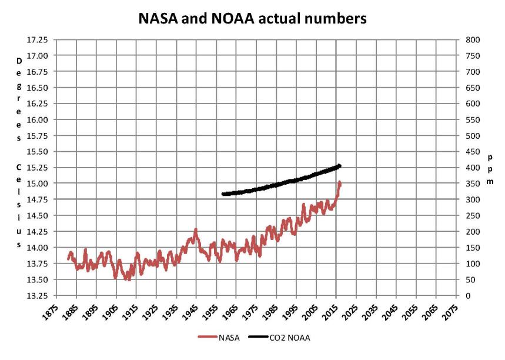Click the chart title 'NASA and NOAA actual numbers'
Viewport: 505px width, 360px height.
coord(252,19)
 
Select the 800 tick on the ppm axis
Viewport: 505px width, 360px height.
coord(473,39)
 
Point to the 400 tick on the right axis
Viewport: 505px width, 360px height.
coord(473,168)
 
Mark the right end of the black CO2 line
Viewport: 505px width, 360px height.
coord(340,166)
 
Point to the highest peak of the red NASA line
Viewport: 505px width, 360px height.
coord(339,183)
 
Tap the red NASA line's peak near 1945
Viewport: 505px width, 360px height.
coord(196,230)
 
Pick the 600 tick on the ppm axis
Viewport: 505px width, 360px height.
coord(473,104)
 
